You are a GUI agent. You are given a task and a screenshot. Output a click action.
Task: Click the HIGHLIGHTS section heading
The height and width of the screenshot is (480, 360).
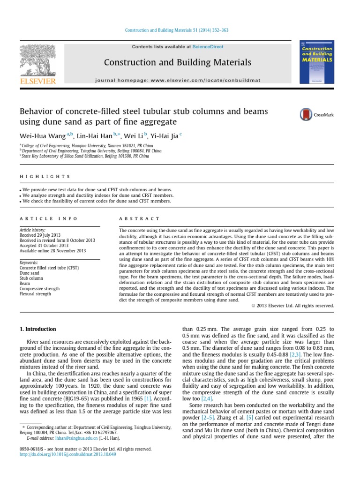coord(45,177)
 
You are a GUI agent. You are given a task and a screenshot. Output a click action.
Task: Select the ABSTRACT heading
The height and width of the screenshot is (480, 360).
coord(139,219)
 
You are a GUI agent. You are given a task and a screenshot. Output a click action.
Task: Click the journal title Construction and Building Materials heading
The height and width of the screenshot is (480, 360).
coord(177,62)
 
